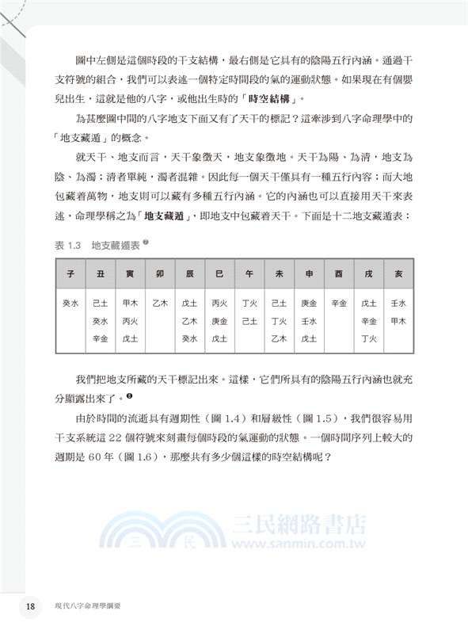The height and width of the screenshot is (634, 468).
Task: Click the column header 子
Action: pyautogui.click(x=70, y=273)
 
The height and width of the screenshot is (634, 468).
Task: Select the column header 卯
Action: pyautogui.click(x=160, y=273)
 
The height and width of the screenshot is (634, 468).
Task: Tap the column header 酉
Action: pyautogui.click(x=339, y=273)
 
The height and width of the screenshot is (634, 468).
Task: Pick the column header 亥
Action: pyautogui.click(x=398, y=273)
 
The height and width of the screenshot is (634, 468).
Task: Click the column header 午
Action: pyautogui.click(x=249, y=273)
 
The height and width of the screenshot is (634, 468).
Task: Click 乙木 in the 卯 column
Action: pyautogui.click(x=160, y=303)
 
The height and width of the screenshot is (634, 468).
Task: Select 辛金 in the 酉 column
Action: pyautogui.click(x=339, y=303)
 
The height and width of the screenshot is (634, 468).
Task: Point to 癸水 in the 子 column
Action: pyautogui.click(x=70, y=303)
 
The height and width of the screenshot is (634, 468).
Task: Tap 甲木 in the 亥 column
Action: pyautogui.click(x=398, y=321)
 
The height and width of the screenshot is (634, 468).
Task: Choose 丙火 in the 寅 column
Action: pyautogui.click(x=130, y=321)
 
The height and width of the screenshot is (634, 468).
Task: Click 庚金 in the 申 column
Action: pyautogui.click(x=309, y=303)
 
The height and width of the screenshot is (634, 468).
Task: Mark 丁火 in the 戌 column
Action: pyautogui.click(x=368, y=338)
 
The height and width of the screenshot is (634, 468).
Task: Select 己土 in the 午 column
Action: pyautogui.click(x=249, y=321)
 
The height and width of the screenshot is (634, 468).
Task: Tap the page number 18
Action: pyautogui.click(x=30, y=606)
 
